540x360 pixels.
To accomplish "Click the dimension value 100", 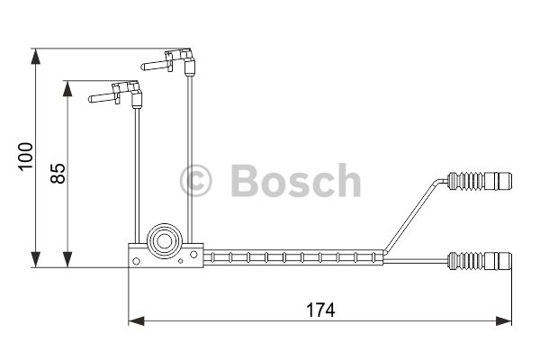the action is point(26,156).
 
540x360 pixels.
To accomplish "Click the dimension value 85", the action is point(58,174).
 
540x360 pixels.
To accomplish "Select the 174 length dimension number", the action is point(320,310).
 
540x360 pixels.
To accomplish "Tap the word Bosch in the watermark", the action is point(296,181).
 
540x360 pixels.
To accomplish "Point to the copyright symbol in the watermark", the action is point(195,181).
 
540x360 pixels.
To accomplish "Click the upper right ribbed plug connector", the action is point(479,181).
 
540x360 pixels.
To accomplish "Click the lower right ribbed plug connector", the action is point(479,261).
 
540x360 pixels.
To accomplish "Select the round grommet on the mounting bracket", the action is point(165,241).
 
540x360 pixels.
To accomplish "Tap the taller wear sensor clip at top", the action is point(168,62).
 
